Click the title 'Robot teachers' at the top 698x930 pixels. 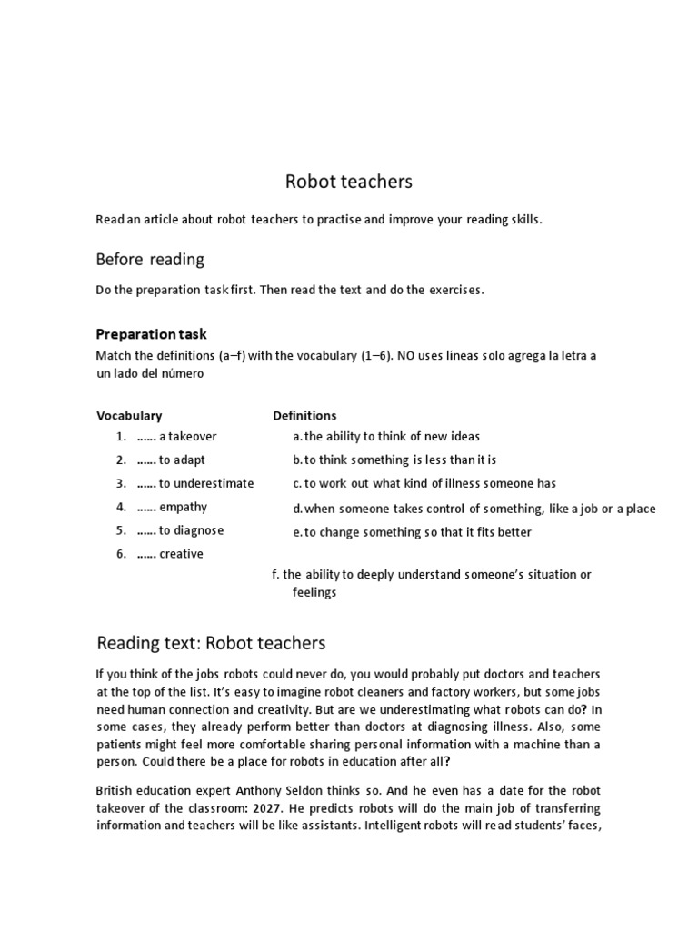coord(349,182)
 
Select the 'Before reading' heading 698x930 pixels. coord(150,260)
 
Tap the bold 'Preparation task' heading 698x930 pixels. coord(152,334)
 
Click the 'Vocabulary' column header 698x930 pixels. coord(129,416)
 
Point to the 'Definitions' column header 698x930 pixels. coord(304,416)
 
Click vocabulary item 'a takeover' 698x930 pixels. coord(187,437)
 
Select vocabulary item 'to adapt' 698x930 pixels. coord(182,460)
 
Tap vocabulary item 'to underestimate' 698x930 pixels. coord(206,483)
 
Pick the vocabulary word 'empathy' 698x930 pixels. coord(183,507)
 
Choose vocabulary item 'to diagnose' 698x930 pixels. coord(191,530)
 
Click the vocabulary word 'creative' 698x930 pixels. coord(181,554)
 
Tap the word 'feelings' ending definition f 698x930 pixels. coord(314,592)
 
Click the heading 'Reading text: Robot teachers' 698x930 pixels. coord(211,644)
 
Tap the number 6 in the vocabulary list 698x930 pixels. coord(120,554)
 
